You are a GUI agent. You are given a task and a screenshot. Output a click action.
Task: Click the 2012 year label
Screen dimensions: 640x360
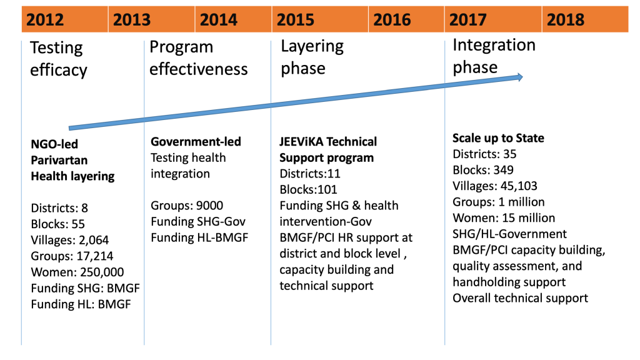click(45, 19)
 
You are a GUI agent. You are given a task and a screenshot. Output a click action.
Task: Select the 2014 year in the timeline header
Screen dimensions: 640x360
click(218, 19)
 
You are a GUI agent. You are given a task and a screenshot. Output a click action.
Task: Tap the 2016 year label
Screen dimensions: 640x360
click(392, 19)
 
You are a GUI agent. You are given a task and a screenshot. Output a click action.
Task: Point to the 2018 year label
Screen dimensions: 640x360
click(565, 19)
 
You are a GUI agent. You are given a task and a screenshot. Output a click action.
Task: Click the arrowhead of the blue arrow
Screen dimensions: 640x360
click(520, 77)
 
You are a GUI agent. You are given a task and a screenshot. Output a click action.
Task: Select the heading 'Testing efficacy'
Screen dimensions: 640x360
click(58, 59)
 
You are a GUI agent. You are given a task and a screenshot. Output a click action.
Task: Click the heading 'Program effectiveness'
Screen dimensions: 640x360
click(198, 58)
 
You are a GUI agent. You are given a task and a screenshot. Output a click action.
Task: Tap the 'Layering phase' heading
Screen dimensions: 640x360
click(312, 57)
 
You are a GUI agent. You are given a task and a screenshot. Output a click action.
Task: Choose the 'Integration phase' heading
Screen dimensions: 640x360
click(494, 56)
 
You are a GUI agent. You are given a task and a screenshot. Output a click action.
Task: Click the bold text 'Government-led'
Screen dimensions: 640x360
click(196, 142)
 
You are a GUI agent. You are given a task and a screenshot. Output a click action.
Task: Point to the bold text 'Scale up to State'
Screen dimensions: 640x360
click(498, 138)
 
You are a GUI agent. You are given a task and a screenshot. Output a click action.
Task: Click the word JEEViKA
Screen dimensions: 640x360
click(301, 142)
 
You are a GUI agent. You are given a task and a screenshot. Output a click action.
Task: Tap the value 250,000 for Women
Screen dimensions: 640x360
click(102, 272)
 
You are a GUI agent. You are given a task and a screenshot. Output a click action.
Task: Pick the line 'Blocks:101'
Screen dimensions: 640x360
click(308, 189)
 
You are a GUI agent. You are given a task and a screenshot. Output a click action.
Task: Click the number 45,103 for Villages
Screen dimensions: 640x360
click(519, 186)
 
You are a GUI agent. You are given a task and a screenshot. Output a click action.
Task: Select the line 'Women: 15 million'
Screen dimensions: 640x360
click(504, 218)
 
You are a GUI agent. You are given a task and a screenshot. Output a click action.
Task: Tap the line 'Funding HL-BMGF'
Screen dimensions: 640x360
click(199, 237)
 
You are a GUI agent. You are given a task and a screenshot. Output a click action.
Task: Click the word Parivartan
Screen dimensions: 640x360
click(59, 160)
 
